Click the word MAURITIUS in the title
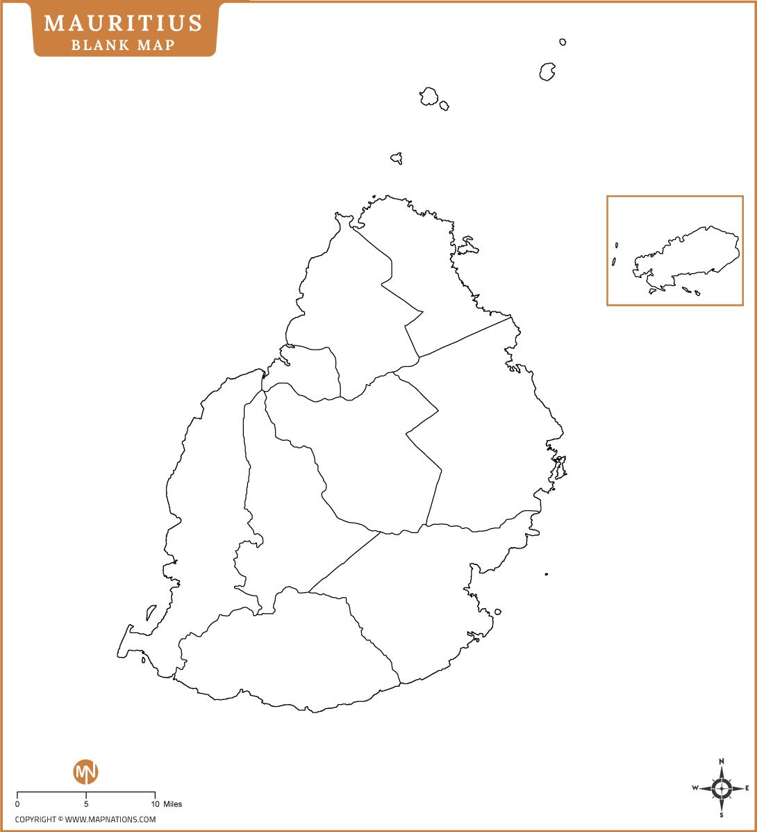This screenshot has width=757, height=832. click(x=124, y=23)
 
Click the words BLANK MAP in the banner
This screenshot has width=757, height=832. click(x=123, y=45)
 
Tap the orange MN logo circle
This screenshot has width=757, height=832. click(x=86, y=772)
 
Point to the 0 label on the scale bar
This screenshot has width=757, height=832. click(x=17, y=804)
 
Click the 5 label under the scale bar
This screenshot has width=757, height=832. click(x=86, y=804)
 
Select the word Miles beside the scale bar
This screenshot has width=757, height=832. click(x=173, y=804)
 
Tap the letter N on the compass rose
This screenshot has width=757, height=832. click(x=722, y=761)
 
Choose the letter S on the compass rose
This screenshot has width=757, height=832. click(x=722, y=815)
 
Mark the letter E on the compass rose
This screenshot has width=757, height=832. click(x=747, y=788)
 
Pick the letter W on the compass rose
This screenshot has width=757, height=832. click(x=695, y=788)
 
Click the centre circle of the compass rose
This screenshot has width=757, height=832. click(x=722, y=788)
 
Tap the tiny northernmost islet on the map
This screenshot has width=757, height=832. click(x=563, y=42)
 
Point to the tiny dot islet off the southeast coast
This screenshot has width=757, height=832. click(x=547, y=574)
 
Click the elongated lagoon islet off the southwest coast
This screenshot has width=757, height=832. click(x=151, y=612)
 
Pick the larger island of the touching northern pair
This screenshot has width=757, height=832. click(x=429, y=96)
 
